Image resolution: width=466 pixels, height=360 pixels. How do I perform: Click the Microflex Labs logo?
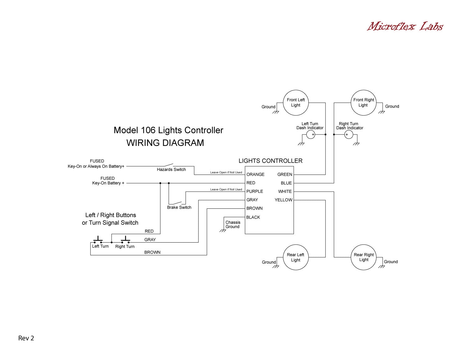point(405,26)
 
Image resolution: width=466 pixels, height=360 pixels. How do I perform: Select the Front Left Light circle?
point(296,103)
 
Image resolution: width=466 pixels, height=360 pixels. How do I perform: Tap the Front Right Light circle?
point(363,103)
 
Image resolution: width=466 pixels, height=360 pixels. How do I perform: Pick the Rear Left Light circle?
point(296,257)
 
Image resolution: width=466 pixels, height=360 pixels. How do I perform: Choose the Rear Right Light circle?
point(363,257)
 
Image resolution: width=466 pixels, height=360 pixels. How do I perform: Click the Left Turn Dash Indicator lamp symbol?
point(311,134)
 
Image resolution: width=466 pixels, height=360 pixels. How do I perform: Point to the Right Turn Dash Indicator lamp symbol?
point(349,134)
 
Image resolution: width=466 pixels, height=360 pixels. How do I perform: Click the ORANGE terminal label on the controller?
point(255,174)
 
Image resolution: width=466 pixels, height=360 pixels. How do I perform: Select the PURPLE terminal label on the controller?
point(254,191)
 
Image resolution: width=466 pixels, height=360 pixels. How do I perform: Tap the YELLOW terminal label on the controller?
point(283,200)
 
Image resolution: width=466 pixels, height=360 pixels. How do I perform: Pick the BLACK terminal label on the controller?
point(253,217)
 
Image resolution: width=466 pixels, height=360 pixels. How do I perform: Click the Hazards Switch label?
point(171,170)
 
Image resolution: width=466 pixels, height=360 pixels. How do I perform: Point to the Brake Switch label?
point(179,207)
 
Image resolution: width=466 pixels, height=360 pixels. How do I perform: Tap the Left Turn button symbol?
point(98,240)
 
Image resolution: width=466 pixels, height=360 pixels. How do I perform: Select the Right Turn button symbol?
point(126,240)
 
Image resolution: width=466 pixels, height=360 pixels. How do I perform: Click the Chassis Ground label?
point(233,225)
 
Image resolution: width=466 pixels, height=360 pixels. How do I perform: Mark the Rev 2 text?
point(26,338)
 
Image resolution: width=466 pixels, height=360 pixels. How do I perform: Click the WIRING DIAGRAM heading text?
point(165,143)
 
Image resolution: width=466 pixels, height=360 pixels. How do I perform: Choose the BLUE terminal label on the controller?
point(286,183)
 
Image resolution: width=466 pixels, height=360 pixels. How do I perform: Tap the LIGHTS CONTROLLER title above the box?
point(270,161)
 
